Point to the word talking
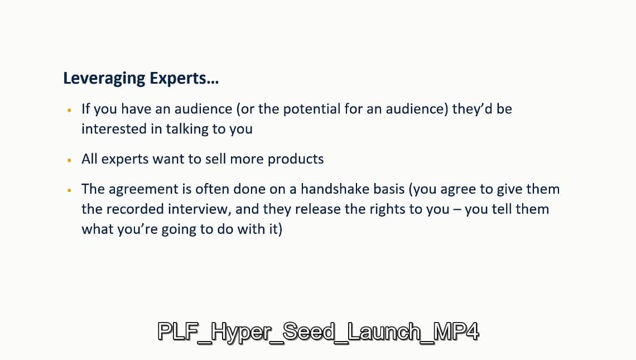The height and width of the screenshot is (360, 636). pyautogui.click(x=187, y=129)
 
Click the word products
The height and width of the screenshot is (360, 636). pyautogui.click(x=296, y=159)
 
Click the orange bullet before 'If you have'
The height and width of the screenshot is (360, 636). pyautogui.click(x=69, y=110)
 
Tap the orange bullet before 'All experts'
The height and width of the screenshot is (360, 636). pyautogui.click(x=69, y=160)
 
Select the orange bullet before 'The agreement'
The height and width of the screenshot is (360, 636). pyautogui.click(x=69, y=190)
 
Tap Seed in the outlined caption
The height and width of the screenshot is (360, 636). pyautogui.click(x=309, y=331)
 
